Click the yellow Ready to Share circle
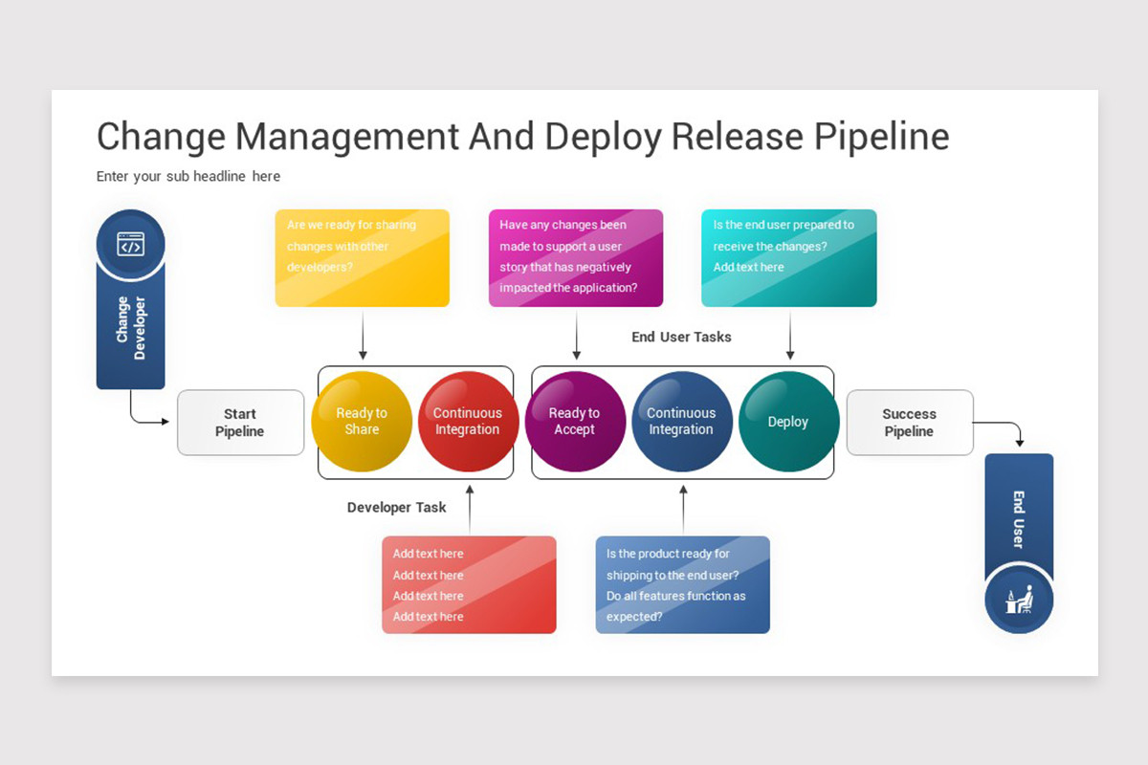pyautogui.click(x=362, y=422)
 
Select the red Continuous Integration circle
pyautogui.click(x=468, y=422)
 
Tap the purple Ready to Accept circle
pyautogui.click(x=574, y=422)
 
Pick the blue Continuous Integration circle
pyautogui.click(x=681, y=422)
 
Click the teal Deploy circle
pyautogui.click(x=788, y=422)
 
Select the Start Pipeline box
pyautogui.click(x=240, y=423)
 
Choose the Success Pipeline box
pyautogui.click(x=909, y=423)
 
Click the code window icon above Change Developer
pyautogui.click(x=131, y=244)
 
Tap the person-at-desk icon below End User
pyautogui.click(x=1019, y=600)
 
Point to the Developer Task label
pyautogui.click(x=396, y=508)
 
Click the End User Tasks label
pyautogui.click(x=681, y=337)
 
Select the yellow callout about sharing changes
pyautogui.click(x=362, y=258)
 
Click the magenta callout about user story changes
pyautogui.click(x=575, y=258)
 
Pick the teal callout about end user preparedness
pyautogui.click(x=788, y=258)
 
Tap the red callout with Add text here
pyautogui.click(x=469, y=584)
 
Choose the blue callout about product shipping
pyautogui.click(x=682, y=584)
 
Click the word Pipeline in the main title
pyautogui.click(x=881, y=137)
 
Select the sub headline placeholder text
pyautogui.click(x=188, y=176)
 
